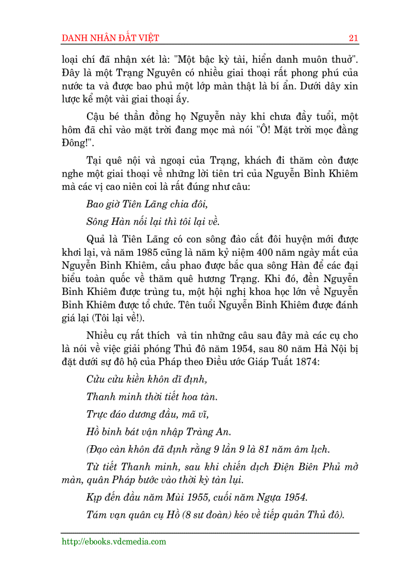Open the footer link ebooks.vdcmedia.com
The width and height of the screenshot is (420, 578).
point(114,541)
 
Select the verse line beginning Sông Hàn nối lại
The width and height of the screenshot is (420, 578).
point(153,222)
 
